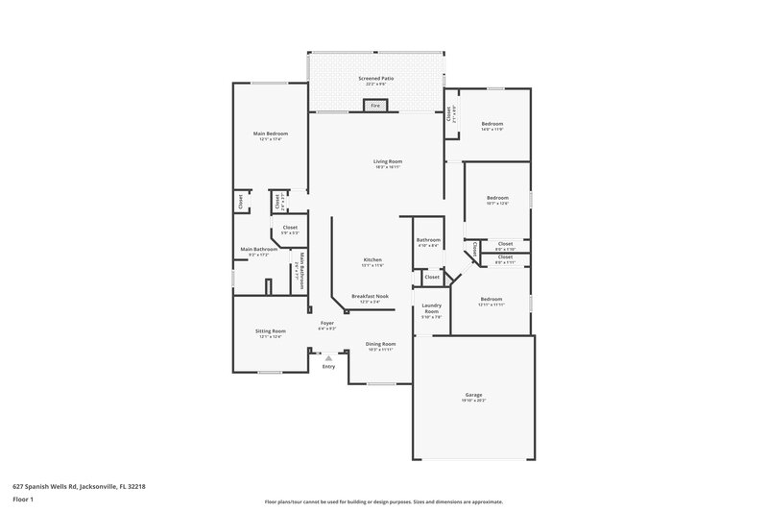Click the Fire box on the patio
[375, 106]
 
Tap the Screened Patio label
[375, 78]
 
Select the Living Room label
[388, 161]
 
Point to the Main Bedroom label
[270, 134]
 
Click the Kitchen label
[372, 260]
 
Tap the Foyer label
[326, 323]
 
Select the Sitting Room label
[270, 330]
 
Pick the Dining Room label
[380, 343]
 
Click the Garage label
[473, 395]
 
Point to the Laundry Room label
[431, 308]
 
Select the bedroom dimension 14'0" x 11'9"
[492, 130]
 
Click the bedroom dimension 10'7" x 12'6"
[496, 204]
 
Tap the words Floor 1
[23, 500]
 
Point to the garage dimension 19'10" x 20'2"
[473, 401]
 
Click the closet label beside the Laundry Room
[431, 277]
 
